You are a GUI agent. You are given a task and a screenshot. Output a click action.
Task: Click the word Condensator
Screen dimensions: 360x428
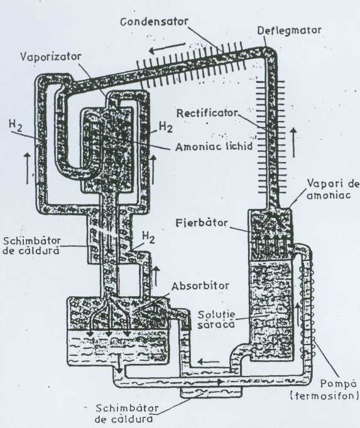(x=154, y=21)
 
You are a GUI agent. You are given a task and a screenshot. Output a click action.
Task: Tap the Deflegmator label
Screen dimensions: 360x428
(x=289, y=30)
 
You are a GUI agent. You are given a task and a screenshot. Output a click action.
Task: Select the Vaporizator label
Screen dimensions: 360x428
(x=51, y=56)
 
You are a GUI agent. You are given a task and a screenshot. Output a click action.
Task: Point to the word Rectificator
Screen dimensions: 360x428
(x=207, y=113)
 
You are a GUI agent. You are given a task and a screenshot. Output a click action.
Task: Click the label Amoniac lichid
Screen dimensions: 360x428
(x=214, y=147)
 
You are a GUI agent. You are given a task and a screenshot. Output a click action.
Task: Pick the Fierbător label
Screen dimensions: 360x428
(x=202, y=222)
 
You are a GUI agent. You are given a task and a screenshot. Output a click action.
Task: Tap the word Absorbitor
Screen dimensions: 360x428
(x=200, y=286)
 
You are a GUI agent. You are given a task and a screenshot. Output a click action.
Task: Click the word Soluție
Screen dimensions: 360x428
(x=217, y=314)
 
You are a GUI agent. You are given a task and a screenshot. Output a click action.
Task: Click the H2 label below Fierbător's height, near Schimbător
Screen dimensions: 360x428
(x=148, y=237)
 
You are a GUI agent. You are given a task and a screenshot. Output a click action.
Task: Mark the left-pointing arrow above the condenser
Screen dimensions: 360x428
(x=166, y=49)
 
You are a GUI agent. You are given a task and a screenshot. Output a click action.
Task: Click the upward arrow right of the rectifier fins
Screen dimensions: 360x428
(x=293, y=142)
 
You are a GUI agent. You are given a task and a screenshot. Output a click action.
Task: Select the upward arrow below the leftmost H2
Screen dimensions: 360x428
(x=27, y=168)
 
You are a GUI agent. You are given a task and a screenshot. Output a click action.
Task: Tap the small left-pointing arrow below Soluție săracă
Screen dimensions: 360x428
(x=209, y=362)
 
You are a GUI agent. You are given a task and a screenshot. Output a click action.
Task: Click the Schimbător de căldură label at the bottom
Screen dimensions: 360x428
(x=127, y=413)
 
